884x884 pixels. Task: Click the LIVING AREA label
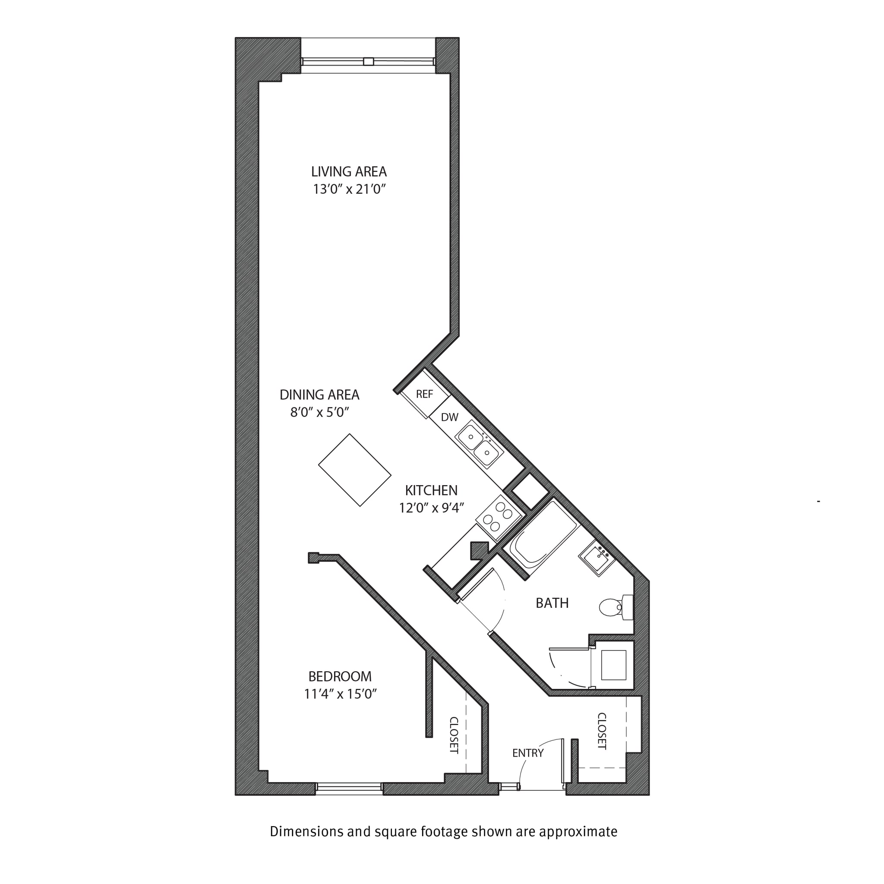pos(349,172)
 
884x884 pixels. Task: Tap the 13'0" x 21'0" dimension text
pos(349,189)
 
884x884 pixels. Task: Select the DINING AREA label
pos(319,395)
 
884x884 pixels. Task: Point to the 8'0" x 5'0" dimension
pos(319,412)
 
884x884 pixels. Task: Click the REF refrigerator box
pos(424,394)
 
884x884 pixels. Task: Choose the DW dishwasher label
pos(449,417)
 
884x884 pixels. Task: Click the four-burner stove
pos(499,518)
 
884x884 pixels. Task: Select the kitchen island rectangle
pos(355,470)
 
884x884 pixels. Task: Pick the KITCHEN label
pos(431,490)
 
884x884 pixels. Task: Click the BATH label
pos(552,603)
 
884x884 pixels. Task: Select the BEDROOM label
pos(340,676)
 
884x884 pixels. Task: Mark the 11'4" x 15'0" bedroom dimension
pos(340,694)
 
